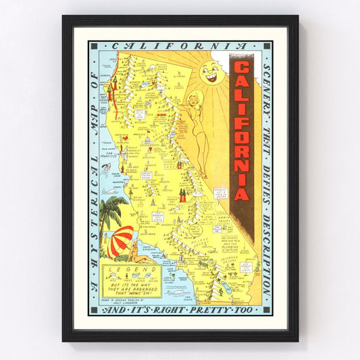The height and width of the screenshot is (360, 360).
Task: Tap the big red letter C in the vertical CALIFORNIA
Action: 242,68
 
